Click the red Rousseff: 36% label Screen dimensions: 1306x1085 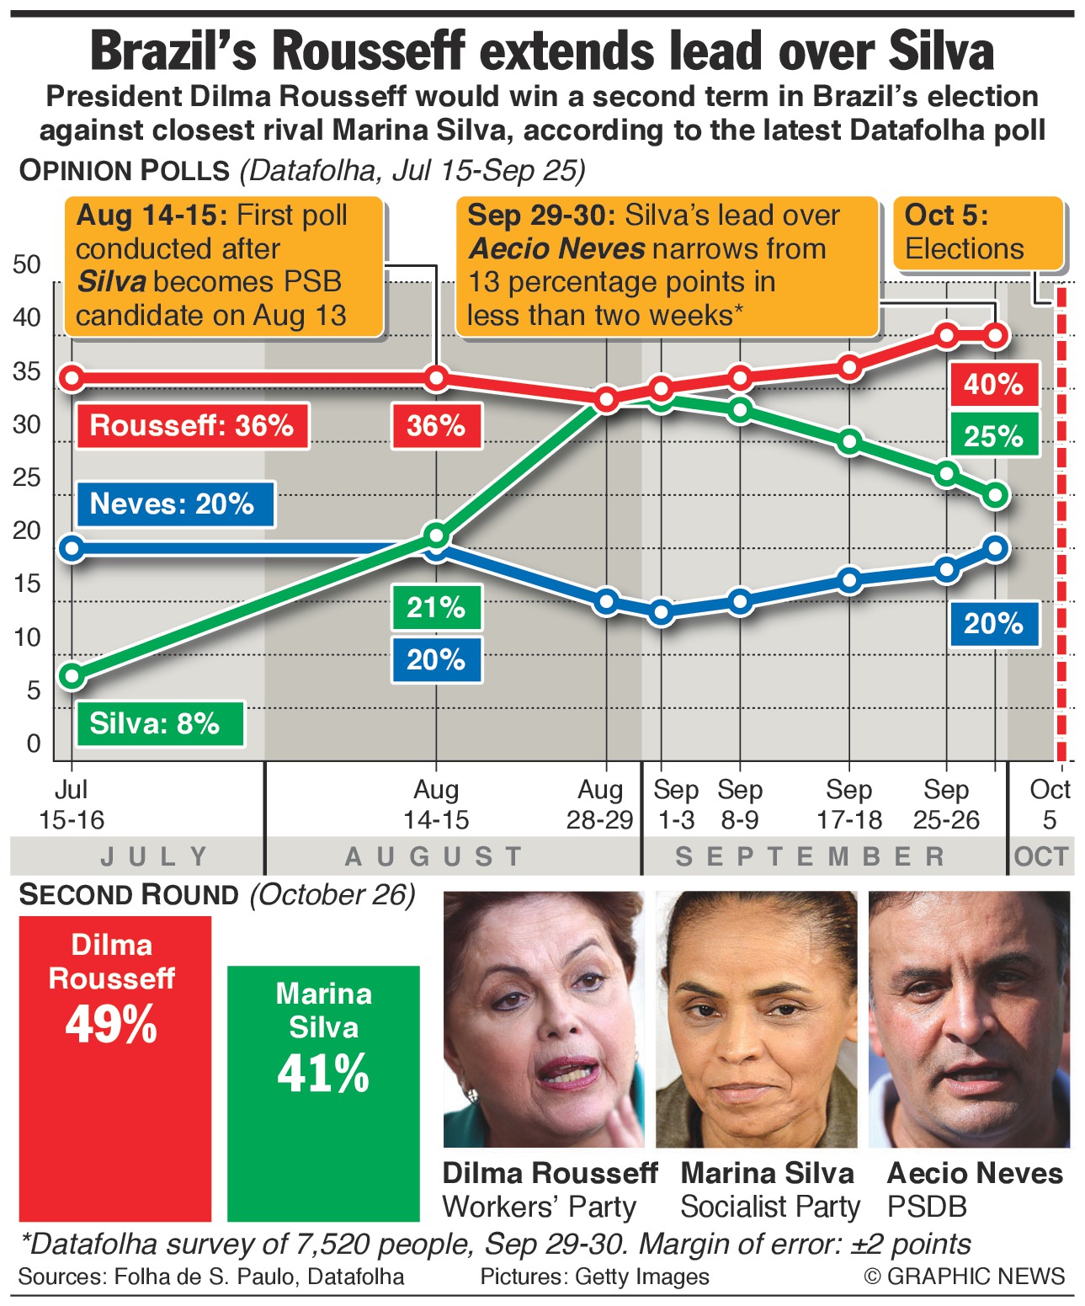pos(192,425)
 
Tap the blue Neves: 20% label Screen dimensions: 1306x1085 pos(173,504)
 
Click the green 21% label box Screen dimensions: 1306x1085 pos(436,607)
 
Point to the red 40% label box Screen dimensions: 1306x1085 pos(993,385)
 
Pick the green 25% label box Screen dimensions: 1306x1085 pos(993,436)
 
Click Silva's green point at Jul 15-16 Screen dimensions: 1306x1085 pos(72,675)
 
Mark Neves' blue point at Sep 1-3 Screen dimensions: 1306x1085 pos(662,612)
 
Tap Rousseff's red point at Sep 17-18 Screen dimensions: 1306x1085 pos(849,367)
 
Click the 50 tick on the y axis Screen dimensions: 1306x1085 pos(27,264)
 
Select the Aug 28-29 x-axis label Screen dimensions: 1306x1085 pos(599,805)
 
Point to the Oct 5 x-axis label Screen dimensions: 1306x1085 pos(1049,805)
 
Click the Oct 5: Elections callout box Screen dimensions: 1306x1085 pos(976,233)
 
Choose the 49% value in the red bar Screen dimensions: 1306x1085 pos(112,1025)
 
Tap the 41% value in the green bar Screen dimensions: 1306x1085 pos(323,1074)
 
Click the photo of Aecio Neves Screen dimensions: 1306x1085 pos(969,1019)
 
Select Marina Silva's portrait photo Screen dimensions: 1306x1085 pos(756,1019)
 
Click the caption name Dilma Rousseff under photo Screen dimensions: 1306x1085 pos(550,1173)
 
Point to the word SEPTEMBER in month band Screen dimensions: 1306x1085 pos(811,857)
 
